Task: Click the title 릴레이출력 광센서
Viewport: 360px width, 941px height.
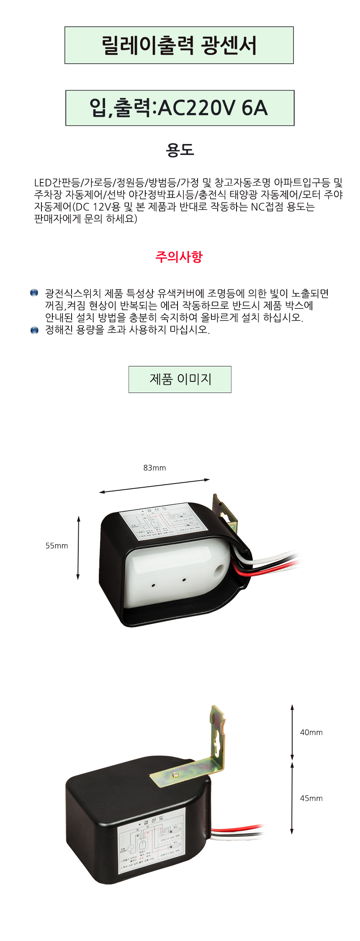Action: coord(179,45)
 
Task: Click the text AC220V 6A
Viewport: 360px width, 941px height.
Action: coord(213,108)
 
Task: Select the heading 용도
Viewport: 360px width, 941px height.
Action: coord(180,150)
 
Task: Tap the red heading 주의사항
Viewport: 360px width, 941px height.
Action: coord(179,257)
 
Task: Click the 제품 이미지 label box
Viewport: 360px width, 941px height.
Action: coord(180,379)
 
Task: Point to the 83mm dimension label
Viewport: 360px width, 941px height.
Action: coord(154,468)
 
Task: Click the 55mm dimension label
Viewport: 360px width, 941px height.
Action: coord(57,545)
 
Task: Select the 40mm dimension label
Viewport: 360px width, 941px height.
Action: coord(311,732)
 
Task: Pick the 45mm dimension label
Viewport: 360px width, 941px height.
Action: coord(311,798)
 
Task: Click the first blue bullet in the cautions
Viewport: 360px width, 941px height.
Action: coord(34,293)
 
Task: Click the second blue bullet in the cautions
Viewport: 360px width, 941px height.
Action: coord(34,330)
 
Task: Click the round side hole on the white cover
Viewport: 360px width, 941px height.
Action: coord(220,569)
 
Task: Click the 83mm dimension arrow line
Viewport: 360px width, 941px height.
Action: coord(154,486)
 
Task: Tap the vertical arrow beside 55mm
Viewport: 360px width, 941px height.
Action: coord(78,548)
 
